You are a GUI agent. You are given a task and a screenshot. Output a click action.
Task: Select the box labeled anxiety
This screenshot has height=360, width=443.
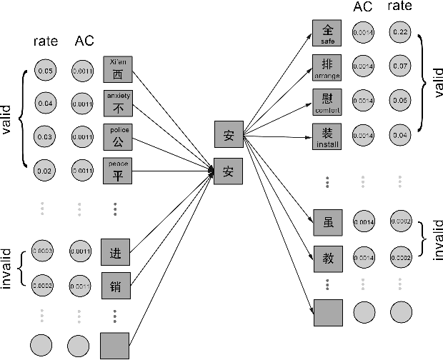pyautogui.click(x=117, y=104)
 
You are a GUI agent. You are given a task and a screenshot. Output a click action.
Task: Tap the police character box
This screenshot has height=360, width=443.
pyautogui.click(x=117, y=137)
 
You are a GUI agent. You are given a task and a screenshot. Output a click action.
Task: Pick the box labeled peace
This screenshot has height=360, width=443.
pyautogui.click(x=117, y=171)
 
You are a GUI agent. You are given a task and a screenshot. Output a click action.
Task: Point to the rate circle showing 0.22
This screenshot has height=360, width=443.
pyautogui.click(x=401, y=33)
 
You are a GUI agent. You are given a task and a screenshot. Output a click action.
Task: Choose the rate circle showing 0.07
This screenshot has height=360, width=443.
pyautogui.click(x=401, y=66)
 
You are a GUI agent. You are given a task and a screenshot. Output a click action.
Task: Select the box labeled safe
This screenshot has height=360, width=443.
pyautogui.click(x=328, y=33)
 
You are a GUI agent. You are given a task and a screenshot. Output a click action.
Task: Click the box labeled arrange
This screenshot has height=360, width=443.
pyautogui.click(x=328, y=66)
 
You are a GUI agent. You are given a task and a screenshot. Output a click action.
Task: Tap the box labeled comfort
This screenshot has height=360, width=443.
pyautogui.click(x=328, y=101)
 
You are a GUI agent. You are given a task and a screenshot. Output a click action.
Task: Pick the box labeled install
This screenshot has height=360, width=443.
pyautogui.click(x=328, y=136)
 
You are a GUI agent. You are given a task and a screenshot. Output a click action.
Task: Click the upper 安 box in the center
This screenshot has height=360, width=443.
pyautogui.click(x=229, y=134)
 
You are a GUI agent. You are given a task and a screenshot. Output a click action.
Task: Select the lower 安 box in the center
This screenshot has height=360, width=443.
pyautogui.click(x=229, y=171)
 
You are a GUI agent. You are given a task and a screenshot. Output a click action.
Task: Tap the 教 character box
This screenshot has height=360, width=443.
pyautogui.click(x=328, y=258)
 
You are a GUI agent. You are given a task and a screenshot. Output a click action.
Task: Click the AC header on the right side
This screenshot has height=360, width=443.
pyautogui.click(x=363, y=7)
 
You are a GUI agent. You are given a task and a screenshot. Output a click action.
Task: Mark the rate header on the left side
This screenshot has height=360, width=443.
pyautogui.click(x=46, y=41)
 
